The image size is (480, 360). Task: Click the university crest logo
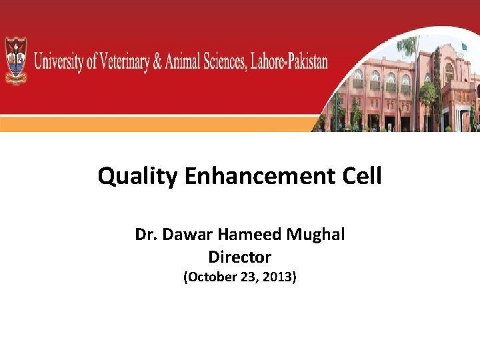pos(17,61)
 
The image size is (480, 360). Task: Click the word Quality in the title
pos(137,177)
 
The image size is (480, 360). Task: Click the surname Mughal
pos(316,235)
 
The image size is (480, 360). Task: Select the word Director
pos(239,257)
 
